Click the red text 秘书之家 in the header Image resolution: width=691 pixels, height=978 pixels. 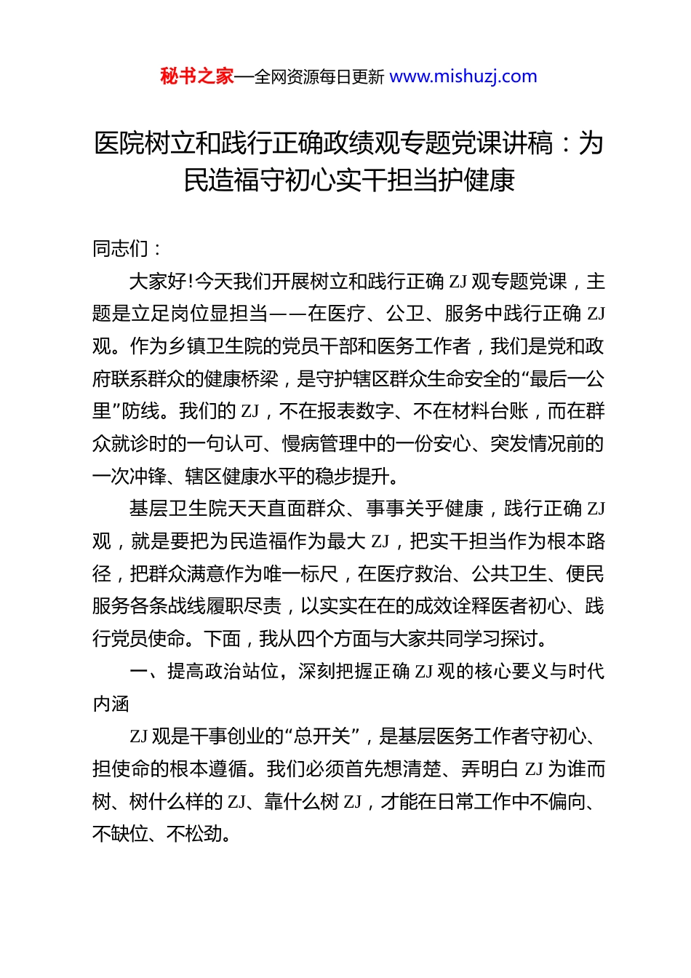coord(197,76)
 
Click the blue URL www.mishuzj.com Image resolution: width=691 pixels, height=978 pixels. coord(463,76)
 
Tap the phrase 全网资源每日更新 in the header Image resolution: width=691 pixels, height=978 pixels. coord(319,76)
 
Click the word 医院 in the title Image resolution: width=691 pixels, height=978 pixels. coord(119,143)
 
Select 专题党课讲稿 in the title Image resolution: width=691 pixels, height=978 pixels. coord(477,143)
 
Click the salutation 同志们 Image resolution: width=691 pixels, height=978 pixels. coord(120,249)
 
